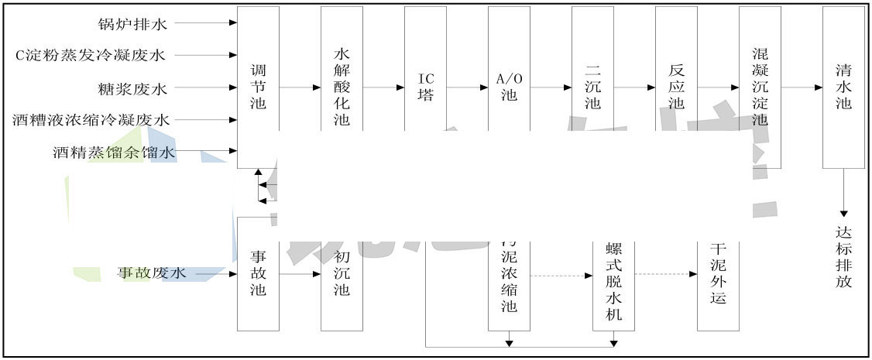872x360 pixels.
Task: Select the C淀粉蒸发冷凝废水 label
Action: tap(91, 55)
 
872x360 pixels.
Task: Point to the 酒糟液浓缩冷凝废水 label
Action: tap(91, 120)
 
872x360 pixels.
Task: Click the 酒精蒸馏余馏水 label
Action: tap(114, 153)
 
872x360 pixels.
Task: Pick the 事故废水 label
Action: tap(152, 273)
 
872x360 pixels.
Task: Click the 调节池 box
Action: tap(258, 87)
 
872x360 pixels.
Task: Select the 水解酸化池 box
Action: tap(342, 87)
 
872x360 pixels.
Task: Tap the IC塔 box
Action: tap(425, 87)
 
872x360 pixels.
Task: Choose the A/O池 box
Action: tap(509, 87)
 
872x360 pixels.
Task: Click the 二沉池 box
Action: tap(592, 87)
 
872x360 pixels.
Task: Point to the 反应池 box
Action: tap(676, 87)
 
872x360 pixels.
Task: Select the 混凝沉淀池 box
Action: tap(760, 87)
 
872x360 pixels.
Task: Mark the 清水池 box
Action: tap(843, 87)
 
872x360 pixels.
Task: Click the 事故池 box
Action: tap(258, 273)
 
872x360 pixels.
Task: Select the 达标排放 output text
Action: tap(843, 256)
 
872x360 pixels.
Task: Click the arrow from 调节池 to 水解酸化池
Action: tap(300, 87)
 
